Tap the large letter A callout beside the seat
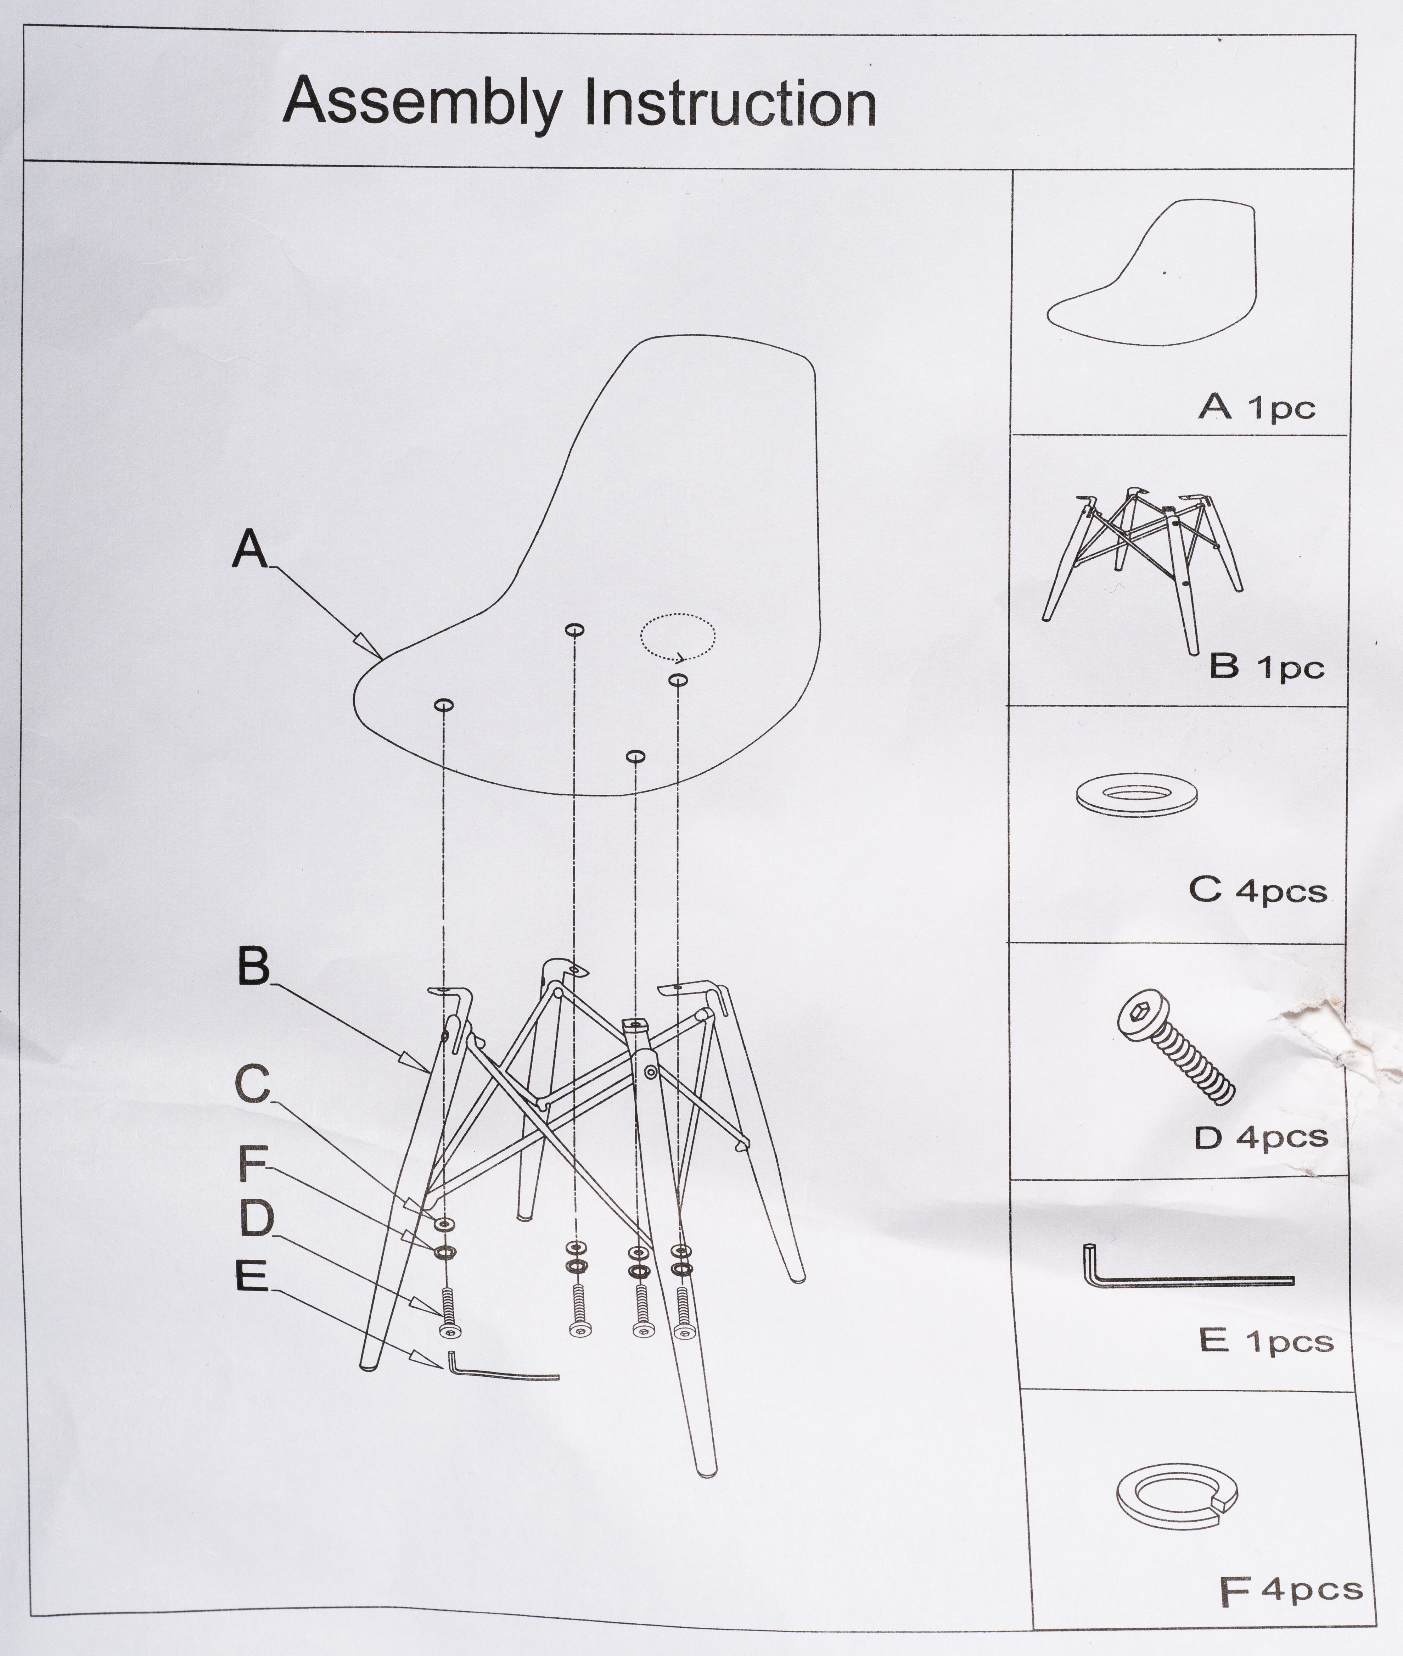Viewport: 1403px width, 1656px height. (x=250, y=549)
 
